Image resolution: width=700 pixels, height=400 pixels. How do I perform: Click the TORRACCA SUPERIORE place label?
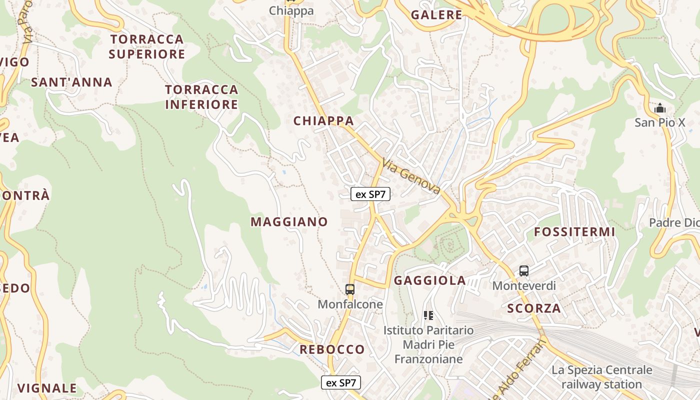click(147, 46)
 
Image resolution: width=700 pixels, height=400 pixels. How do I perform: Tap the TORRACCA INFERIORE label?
click(201, 97)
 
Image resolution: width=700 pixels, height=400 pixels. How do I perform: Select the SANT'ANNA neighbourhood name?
click(71, 82)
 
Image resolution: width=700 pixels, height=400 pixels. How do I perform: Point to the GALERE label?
click(436, 15)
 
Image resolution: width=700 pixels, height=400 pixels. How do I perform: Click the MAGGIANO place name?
click(289, 222)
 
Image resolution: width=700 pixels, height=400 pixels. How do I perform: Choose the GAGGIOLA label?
click(430, 280)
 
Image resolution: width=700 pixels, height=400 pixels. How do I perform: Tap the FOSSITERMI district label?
click(574, 232)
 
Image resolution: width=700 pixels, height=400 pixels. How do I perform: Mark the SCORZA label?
click(534, 308)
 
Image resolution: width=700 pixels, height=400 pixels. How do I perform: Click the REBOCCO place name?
click(332, 349)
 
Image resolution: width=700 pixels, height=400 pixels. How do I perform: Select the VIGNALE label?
click(47, 388)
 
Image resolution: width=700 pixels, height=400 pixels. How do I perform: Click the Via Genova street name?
click(411, 176)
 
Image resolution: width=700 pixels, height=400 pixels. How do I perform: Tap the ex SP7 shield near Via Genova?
click(370, 194)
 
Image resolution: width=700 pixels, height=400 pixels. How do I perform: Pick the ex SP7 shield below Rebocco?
click(340, 383)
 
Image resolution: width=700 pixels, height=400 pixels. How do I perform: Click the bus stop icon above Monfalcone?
click(350, 289)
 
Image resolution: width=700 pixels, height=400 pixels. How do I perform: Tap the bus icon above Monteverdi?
click(524, 271)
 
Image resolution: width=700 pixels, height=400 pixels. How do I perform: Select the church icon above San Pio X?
click(660, 108)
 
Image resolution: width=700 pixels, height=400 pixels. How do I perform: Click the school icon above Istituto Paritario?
click(428, 315)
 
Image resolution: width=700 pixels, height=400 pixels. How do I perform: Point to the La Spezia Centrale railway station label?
click(602, 377)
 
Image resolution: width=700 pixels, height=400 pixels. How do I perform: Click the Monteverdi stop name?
click(524, 285)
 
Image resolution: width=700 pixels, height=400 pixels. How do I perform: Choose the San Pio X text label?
click(660, 122)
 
